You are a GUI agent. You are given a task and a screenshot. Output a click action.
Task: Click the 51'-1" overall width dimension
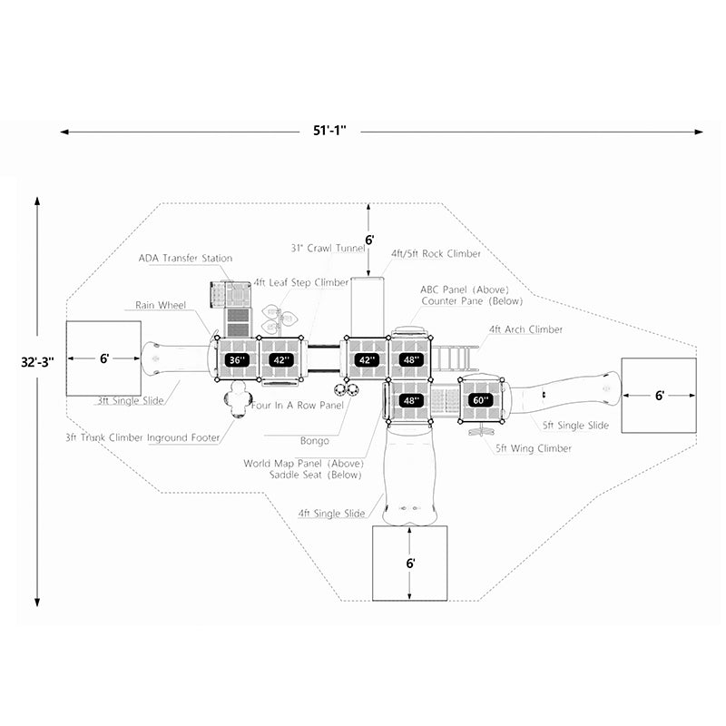(336, 131)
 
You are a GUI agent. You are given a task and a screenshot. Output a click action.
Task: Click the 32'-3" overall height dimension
(37, 360)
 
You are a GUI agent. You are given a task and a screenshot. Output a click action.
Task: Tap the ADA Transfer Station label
(185, 259)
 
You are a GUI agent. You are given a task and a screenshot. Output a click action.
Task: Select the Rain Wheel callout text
(161, 306)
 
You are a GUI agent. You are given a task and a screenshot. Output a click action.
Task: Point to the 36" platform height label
(237, 360)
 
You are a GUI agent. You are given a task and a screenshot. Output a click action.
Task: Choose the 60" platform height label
(480, 400)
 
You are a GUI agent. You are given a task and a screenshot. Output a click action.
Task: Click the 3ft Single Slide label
(132, 399)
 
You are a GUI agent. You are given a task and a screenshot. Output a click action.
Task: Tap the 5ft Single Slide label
(574, 425)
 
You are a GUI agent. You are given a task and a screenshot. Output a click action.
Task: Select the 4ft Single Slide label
(331, 514)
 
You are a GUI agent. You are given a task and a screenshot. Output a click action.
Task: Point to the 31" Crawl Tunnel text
(328, 248)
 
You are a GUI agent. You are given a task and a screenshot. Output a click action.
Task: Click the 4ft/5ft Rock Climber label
(437, 254)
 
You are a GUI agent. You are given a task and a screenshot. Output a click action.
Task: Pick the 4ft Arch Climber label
(525, 329)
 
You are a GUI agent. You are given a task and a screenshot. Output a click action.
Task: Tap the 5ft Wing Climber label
(534, 448)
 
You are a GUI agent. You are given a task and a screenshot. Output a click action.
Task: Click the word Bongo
(314, 441)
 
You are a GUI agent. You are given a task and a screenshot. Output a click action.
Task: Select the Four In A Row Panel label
(298, 406)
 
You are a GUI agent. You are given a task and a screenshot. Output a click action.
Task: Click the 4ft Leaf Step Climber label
(301, 282)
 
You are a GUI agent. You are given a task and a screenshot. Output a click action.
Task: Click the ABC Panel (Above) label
(458, 289)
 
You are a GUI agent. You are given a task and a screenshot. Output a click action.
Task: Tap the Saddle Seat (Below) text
(315, 475)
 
